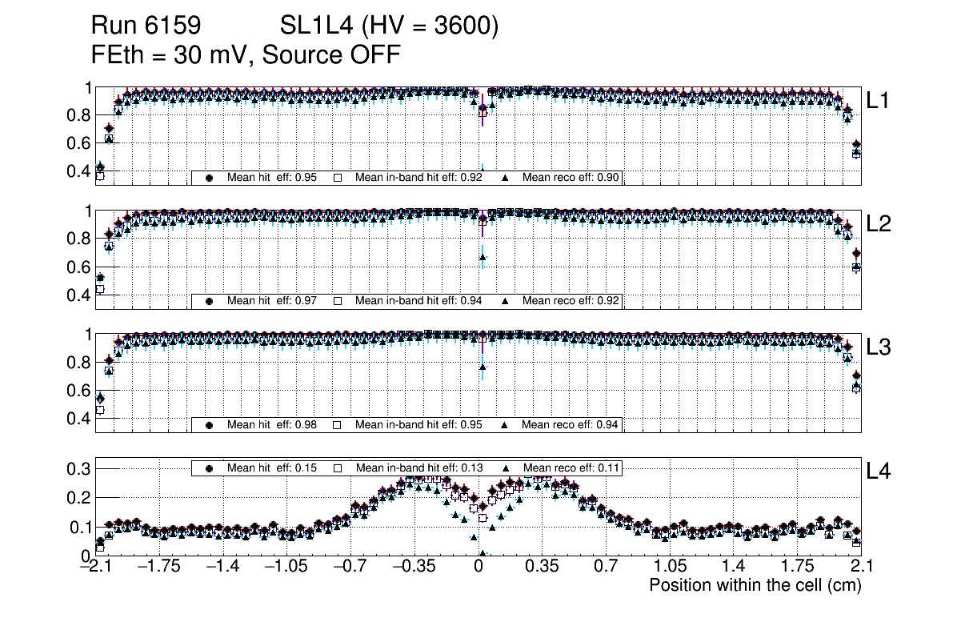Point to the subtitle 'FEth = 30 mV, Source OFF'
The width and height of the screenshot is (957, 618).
[246, 55]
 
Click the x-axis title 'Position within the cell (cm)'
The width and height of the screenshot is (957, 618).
[755, 585]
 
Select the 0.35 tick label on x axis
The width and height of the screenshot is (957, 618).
[541, 568]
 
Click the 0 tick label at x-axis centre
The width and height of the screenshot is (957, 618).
[478, 568]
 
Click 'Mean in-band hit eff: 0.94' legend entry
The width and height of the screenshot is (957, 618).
[418, 301]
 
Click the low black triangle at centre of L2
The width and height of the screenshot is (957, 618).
[483, 257]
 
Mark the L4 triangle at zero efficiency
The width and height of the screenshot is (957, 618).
[483, 553]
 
